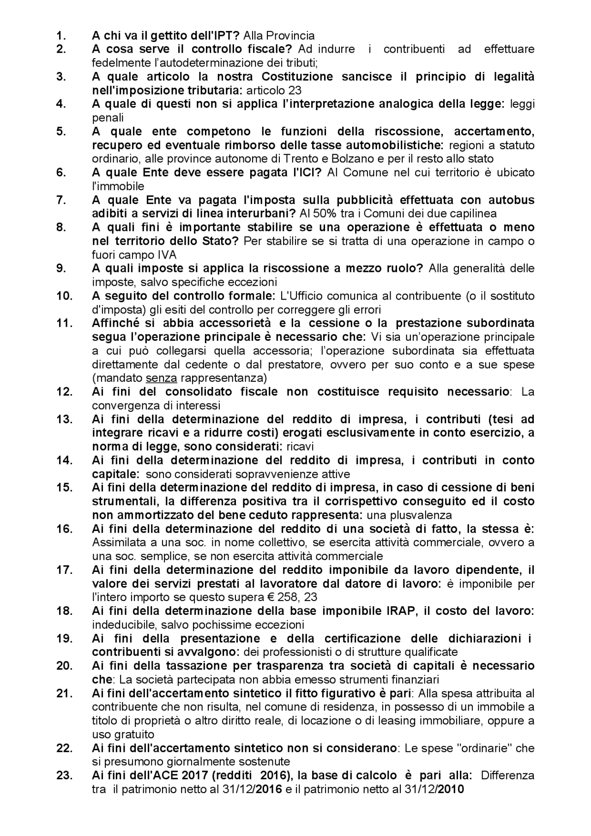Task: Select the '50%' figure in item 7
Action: tap(323, 214)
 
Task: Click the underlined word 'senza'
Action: tap(161, 378)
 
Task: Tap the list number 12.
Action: tap(64, 392)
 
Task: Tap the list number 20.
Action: tap(64, 666)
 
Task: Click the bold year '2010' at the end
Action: tap(450, 789)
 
